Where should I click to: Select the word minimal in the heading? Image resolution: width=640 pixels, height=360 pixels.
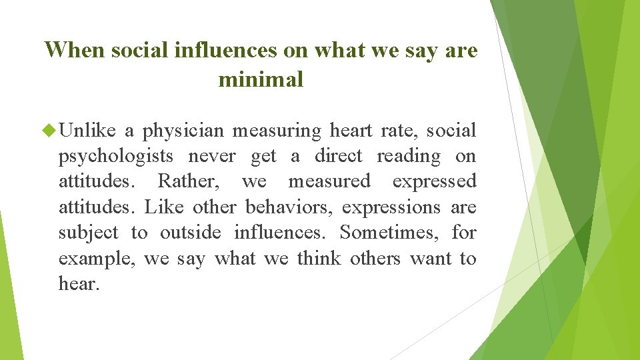(261, 80)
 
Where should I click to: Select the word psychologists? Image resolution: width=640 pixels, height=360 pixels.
(116, 157)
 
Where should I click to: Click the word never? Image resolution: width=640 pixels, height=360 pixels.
(212, 156)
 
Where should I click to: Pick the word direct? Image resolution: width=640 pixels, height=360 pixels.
(338, 156)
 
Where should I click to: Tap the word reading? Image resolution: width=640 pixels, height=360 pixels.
(409, 157)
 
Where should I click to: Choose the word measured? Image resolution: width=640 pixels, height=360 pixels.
(329, 181)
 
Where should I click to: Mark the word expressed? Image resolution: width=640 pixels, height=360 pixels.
(434, 182)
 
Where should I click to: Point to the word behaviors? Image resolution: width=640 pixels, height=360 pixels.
(290, 207)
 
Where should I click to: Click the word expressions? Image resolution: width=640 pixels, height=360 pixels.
(391, 208)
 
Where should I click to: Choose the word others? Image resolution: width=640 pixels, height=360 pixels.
(375, 258)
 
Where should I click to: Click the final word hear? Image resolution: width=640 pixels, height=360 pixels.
(79, 284)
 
